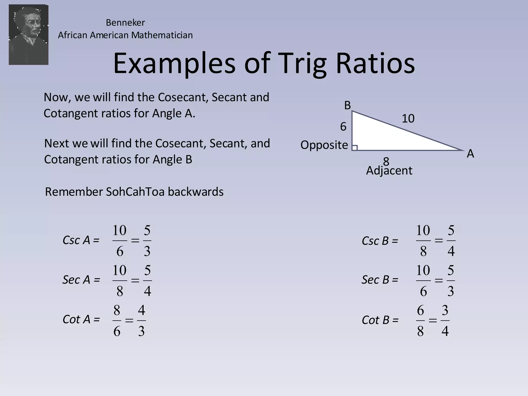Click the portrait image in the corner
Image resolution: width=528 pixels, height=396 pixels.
pos(28,35)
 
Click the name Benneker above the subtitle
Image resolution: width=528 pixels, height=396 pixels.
pos(125,23)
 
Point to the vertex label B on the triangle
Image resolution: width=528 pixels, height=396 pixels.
pos(348,105)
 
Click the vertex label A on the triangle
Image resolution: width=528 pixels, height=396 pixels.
pos(470,154)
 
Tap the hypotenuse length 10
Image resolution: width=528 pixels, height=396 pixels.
pos(408,119)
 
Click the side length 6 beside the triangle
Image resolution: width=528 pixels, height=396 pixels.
pos(343,127)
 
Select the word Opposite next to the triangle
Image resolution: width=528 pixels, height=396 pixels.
pos(324,145)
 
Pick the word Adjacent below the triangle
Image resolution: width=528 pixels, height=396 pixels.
pos(389,171)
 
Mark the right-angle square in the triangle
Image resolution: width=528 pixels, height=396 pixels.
pos(355,148)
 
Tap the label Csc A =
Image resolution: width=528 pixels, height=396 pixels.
pos(81,240)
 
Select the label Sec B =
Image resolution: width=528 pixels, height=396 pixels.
pos(380,280)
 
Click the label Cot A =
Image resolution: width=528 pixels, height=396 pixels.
pos(81,319)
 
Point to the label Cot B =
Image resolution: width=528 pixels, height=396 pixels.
pos(380,320)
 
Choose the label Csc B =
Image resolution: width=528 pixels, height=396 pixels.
pos(380,241)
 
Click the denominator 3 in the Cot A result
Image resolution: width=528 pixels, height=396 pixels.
pos(141,331)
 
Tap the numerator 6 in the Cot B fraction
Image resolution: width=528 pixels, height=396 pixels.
pos(420,310)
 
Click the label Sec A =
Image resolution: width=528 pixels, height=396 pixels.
pos(81,280)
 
